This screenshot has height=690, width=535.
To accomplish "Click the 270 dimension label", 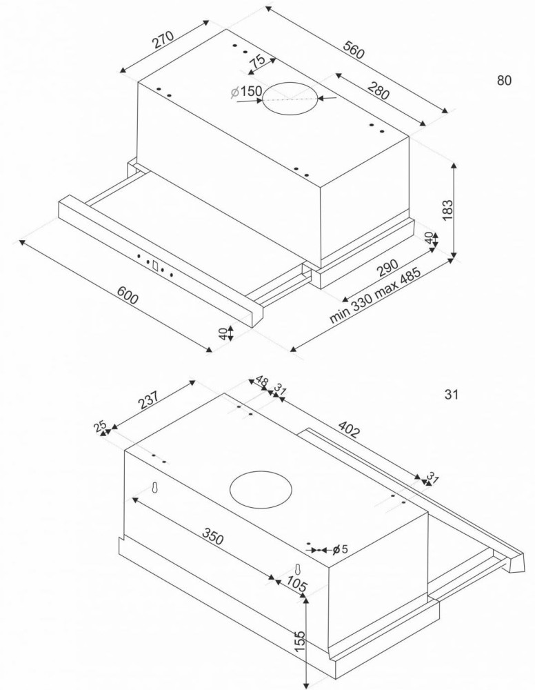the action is [163, 39].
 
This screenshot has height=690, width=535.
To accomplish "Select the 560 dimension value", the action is [354, 50].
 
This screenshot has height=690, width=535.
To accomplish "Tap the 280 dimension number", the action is [378, 91].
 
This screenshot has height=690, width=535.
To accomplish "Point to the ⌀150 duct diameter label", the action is [246, 92].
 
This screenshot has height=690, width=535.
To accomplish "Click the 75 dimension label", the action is [256, 61].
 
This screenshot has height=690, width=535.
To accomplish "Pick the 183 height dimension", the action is [447, 210].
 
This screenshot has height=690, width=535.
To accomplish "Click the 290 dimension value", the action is [387, 268].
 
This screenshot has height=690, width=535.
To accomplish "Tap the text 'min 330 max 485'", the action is [375, 295].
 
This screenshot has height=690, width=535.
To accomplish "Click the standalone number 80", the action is [504, 81].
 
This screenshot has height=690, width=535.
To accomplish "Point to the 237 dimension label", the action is [148, 400].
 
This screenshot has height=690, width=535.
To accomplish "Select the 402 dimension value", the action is [350, 429].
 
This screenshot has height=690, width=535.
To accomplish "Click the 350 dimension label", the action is [213, 535].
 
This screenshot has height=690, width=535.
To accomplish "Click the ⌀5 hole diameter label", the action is [340, 549].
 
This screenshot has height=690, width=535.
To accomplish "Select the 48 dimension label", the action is [261, 381].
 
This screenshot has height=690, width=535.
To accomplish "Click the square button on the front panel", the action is [155, 266].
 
